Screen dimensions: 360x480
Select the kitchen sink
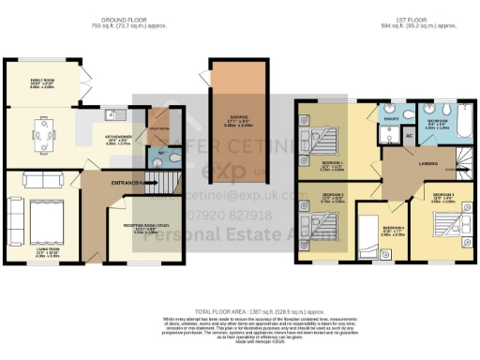(112, 115)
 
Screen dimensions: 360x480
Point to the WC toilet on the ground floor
(162, 154)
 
